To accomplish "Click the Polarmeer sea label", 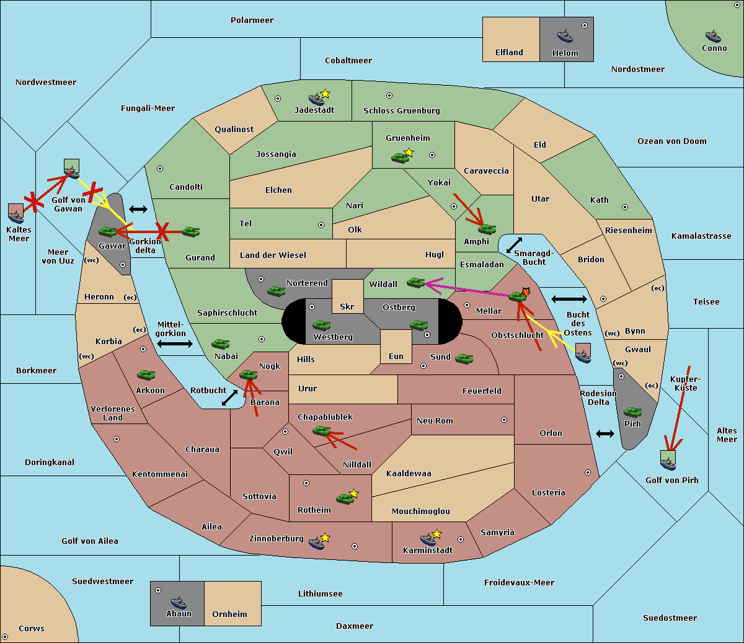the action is click(x=252, y=20).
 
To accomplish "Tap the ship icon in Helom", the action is click(x=565, y=35).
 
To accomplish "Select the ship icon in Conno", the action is click(x=712, y=36).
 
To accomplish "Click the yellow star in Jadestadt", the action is click(x=325, y=94).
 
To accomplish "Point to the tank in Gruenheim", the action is click(x=400, y=157).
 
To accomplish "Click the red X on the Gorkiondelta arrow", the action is click(x=162, y=231).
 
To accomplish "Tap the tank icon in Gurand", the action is click(x=190, y=231).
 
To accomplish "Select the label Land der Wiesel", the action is click(x=273, y=255).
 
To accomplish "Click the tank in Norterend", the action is click(x=276, y=291).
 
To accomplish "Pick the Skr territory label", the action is click(x=347, y=306).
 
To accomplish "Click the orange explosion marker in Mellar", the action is click(x=526, y=291).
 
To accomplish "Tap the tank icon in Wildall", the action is click(x=416, y=283).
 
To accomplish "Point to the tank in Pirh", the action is click(x=632, y=412).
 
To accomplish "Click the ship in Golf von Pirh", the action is click(x=668, y=464).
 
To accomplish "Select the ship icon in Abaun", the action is click(x=179, y=602).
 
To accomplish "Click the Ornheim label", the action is click(x=229, y=614).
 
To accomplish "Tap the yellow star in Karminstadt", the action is click(x=436, y=533).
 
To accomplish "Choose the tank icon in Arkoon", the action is click(x=146, y=375).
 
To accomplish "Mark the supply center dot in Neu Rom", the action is click(x=504, y=420).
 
